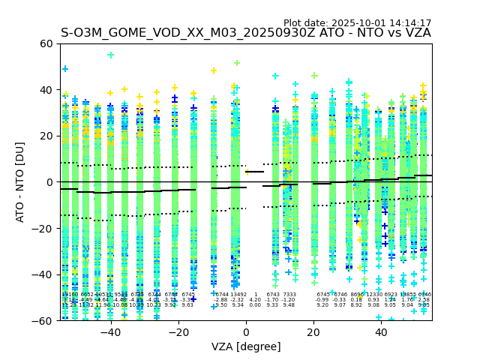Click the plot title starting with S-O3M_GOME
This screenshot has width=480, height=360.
[x=245, y=33]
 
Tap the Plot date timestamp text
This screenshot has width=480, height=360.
[x=357, y=23]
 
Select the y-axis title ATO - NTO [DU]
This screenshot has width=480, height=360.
[x=20, y=182]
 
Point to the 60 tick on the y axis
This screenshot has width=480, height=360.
[x=46, y=43]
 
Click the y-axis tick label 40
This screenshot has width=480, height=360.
[x=46, y=90]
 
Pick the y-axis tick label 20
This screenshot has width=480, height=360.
[x=46, y=136]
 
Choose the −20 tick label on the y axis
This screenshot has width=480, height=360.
[x=43, y=228]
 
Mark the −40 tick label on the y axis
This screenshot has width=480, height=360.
[x=43, y=274]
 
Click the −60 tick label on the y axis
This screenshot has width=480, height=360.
[x=43, y=320]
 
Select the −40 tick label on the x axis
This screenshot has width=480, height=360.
[x=110, y=332]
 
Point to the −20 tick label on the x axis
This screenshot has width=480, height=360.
[x=178, y=332]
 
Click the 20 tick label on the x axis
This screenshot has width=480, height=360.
[x=314, y=332]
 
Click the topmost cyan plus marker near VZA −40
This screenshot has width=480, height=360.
[x=111, y=55]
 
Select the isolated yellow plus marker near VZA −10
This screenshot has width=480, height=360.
[x=214, y=71]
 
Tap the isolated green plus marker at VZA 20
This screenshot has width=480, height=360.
[x=314, y=76]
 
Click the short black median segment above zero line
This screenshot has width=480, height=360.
[x=255, y=172]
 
